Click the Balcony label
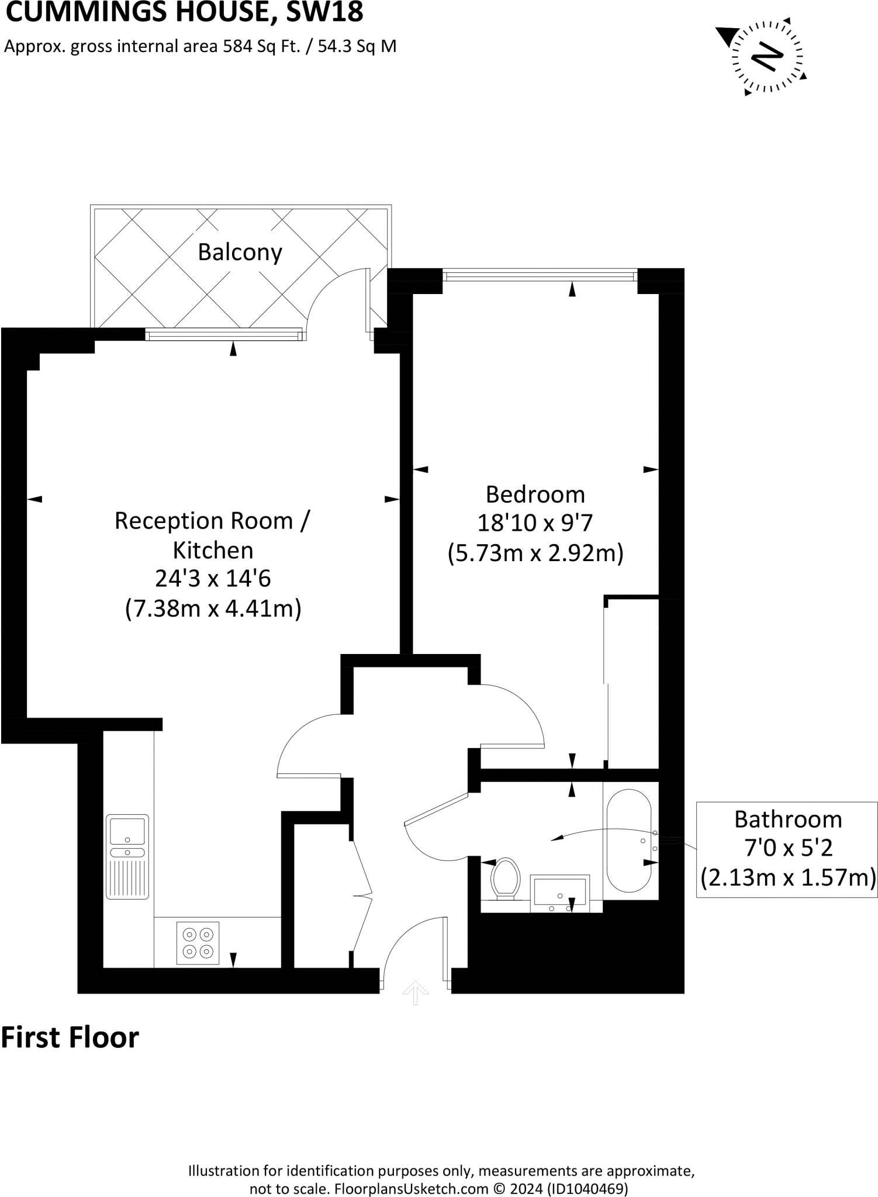[x=240, y=252]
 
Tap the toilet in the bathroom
[x=506, y=878]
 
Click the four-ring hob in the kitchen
[x=198, y=943]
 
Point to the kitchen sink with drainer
[x=127, y=856]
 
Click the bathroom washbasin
[x=559, y=892]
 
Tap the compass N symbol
[x=767, y=57]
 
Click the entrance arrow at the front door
[x=415, y=992]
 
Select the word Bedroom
[x=535, y=494]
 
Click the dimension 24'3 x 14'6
[x=213, y=579]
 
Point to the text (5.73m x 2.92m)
[x=535, y=552]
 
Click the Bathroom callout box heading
[x=787, y=819]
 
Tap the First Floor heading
[x=70, y=1038]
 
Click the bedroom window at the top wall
[x=539, y=275]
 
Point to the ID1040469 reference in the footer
[x=587, y=1188]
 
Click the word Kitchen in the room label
[x=213, y=550]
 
